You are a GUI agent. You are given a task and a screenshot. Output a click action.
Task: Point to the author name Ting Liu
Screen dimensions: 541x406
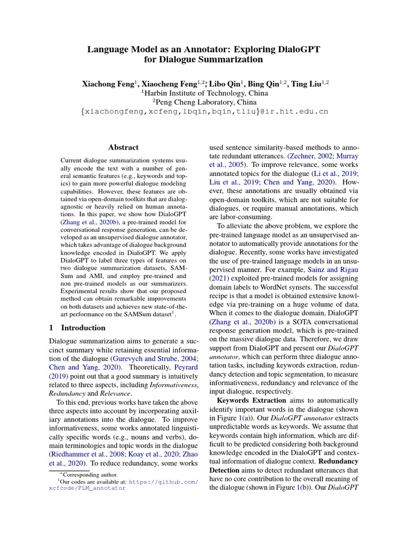306,83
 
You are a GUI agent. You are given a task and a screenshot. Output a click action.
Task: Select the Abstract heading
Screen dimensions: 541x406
123,147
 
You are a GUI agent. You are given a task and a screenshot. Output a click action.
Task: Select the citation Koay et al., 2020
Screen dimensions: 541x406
146,453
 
